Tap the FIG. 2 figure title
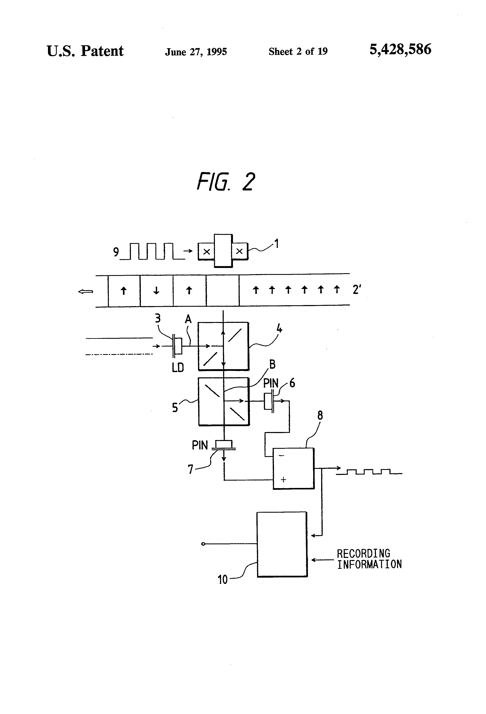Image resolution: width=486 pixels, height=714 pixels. (x=226, y=182)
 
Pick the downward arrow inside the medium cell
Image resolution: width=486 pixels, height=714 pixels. (x=156, y=290)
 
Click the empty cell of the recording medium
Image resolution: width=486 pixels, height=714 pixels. (x=222, y=291)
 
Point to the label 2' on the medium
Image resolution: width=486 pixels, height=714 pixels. (x=356, y=289)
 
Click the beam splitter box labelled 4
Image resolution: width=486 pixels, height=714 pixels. (x=223, y=346)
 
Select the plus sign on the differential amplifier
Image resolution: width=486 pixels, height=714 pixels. (x=283, y=479)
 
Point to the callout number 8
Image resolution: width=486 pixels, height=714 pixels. (x=320, y=416)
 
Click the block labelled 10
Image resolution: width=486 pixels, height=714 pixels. (x=282, y=544)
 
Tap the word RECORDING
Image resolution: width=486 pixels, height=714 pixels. (x=363, y=554)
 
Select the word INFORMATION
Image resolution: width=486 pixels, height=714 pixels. (x=369, y=564)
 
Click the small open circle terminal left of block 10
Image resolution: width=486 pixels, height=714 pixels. (x=203, y=544)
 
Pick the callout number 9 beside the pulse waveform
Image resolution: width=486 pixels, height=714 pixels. (x=116, y=252)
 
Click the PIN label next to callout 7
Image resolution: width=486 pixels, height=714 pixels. (x=200, y=445)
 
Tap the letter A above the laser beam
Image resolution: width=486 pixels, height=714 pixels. (x=188, y=319)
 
